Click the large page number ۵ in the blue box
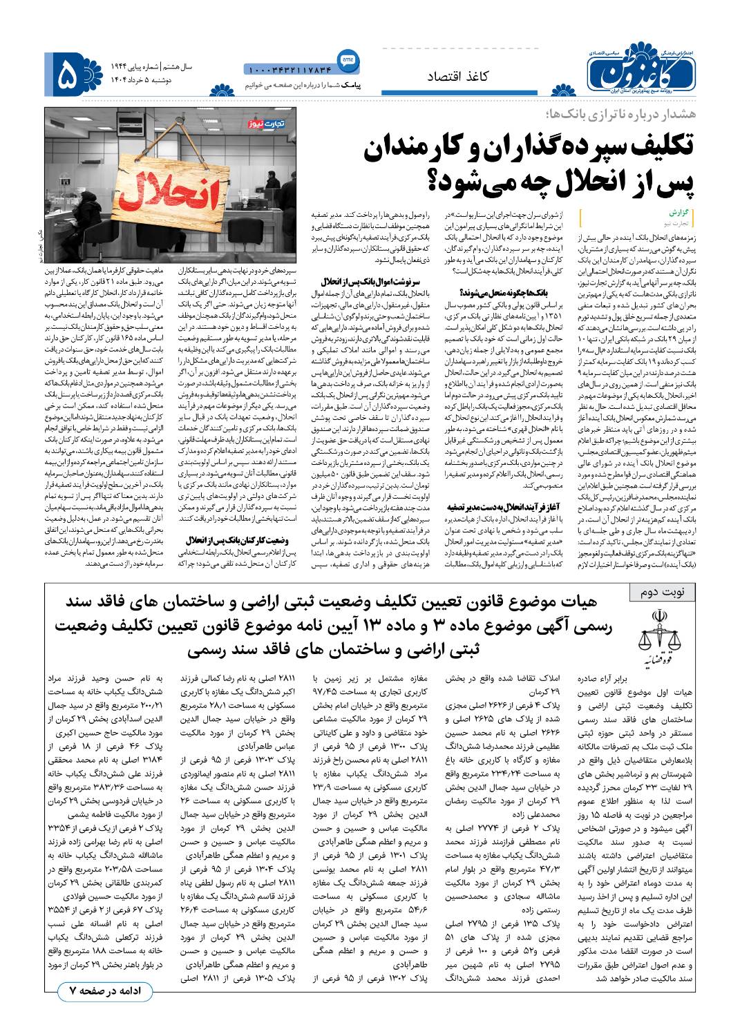coord(69,73)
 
